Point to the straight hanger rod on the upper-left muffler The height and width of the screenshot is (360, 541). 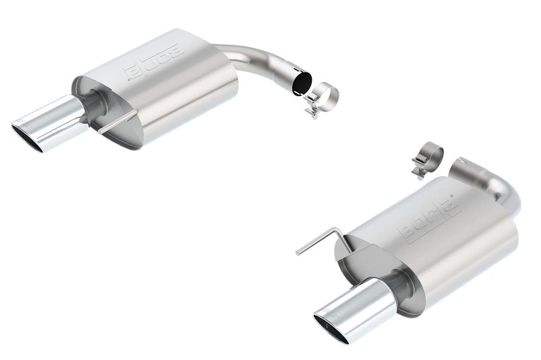(118, 122)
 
